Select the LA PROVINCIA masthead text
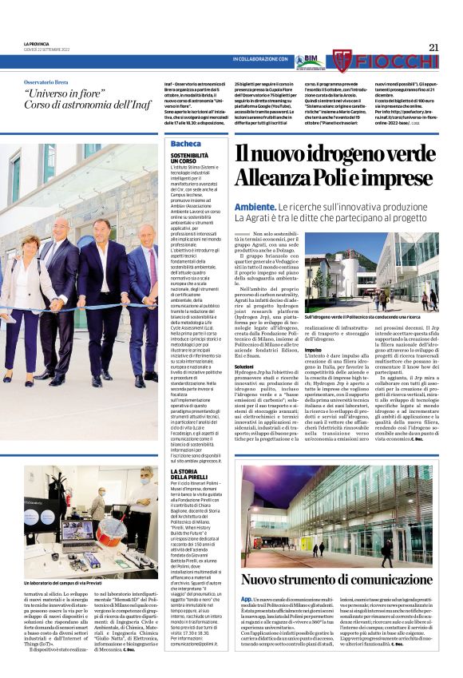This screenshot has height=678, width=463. coord(37,43)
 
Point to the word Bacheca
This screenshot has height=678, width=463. coord(185,144)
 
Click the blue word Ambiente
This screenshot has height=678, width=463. coord(255,207)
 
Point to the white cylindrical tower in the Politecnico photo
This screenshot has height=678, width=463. coord(348,272)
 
